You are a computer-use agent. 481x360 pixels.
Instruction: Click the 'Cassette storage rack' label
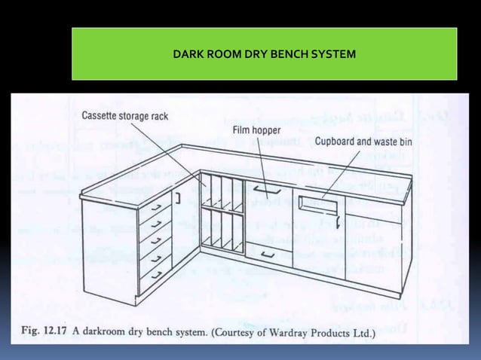click(x=124, y=116)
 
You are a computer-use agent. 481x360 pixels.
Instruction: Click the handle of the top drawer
click(x=156, y=206)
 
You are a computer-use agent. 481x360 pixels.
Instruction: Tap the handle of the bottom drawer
click(x=156, y=273)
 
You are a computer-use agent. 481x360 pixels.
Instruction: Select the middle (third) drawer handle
click(x=156, y=239)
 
